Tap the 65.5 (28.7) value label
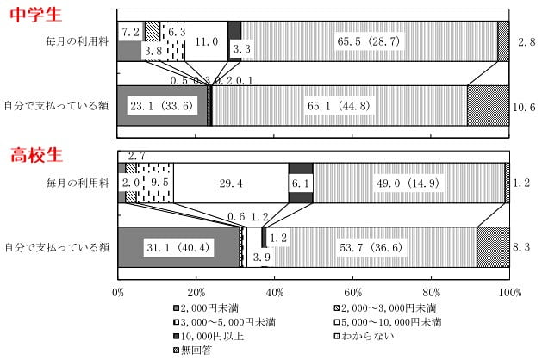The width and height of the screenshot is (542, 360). click(367, 40)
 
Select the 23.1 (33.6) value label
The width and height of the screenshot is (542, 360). click(163, 107)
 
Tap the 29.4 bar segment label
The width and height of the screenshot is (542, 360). click(231, 183)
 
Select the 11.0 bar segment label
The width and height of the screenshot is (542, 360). click(205, 40)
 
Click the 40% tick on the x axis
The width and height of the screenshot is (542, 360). click(274, 293)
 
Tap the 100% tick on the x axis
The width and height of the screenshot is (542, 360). click(508, 293)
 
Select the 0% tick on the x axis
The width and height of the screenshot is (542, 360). click(118, 293)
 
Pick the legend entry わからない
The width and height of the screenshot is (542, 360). click(365, 337)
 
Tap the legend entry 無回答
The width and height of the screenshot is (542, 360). click(196, 351)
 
